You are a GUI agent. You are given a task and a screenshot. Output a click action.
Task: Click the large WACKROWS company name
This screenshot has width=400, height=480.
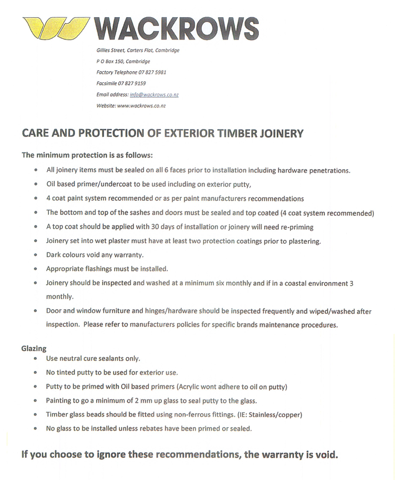(x=177, y=28)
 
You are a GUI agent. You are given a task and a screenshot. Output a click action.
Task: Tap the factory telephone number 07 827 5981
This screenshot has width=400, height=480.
(x=148, y=72)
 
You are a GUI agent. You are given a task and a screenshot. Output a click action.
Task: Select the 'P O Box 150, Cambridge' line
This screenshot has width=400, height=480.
(x=123, y=61)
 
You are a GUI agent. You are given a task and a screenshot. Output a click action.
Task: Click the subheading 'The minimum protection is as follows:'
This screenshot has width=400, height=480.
(x=87, y=155)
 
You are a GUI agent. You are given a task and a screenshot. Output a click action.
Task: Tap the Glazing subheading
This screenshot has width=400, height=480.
(x=34, y=349)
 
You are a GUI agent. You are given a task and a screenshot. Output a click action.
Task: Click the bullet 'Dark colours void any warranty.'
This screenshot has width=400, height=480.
(x=95, y=255)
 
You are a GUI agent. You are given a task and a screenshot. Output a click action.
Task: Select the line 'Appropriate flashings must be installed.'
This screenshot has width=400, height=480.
(x=107, y=269)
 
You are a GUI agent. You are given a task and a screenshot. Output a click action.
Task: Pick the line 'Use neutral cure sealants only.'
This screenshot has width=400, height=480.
(x=93, y=359)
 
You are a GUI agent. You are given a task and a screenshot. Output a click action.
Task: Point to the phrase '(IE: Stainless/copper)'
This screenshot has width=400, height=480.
(x=267, y=415)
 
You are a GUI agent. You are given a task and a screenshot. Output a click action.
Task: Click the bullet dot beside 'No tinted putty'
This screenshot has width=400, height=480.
(x=36, y=373)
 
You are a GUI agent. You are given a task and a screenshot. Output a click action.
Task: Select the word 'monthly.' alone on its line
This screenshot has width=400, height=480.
(x=59, y=296)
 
